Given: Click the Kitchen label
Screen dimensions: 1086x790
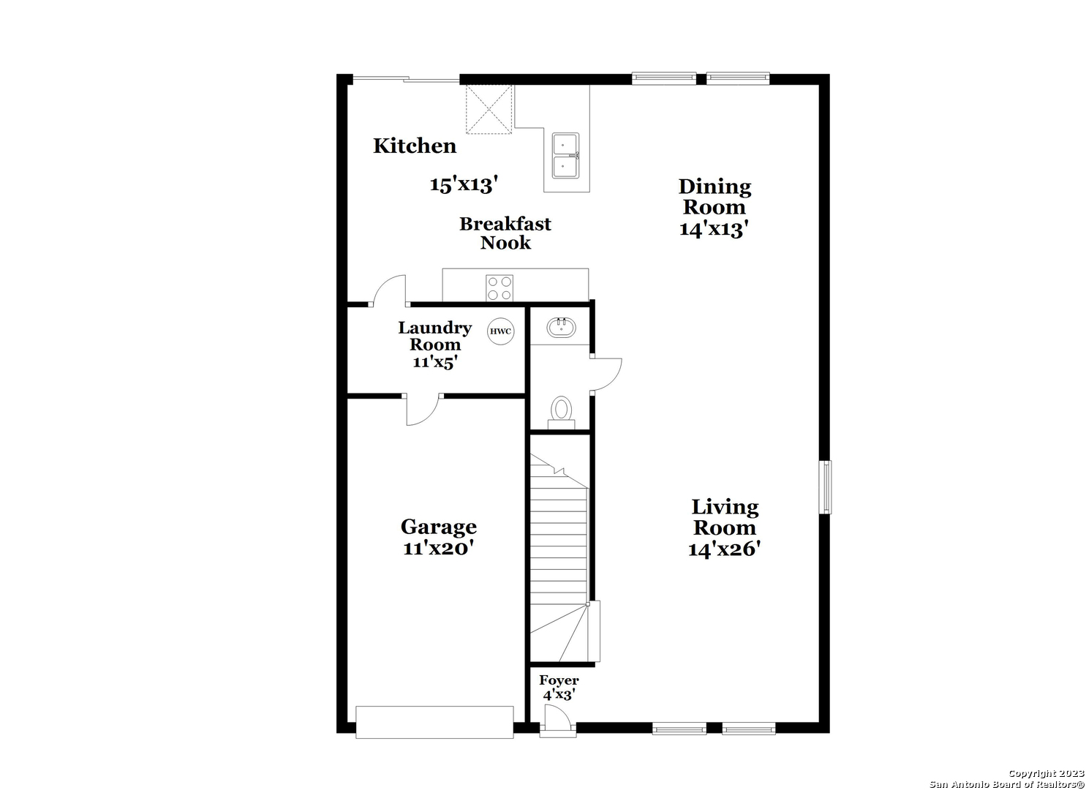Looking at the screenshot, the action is click(415, 146).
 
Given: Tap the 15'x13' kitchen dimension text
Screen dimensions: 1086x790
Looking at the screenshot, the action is click(464, 185).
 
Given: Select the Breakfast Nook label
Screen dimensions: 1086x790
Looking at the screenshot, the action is click(505, 233).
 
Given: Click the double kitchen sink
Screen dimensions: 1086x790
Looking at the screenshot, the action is click(566, 156).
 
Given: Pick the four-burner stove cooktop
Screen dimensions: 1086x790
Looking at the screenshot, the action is click(499, 288).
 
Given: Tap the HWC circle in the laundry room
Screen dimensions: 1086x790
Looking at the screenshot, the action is click(500, 331).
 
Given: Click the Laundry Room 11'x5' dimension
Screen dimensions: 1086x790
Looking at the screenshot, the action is click(435, 362).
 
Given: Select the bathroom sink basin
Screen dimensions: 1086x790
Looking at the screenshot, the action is click(562, 328).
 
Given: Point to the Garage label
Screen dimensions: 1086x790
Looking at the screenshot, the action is click(438, 527).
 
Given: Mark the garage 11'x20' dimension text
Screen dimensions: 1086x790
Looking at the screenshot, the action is click(438, 549).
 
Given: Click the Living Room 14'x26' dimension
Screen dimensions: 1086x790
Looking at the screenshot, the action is click(724, 549).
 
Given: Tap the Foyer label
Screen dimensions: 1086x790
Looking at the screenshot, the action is click(559, 680).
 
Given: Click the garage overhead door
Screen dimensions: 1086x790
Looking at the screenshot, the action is click(434, 722).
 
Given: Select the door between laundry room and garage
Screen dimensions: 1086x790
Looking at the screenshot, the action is click(423, 410).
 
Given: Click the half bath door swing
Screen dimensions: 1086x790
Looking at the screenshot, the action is click(606, 375).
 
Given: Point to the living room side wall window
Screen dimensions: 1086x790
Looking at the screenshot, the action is click(825, 487).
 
